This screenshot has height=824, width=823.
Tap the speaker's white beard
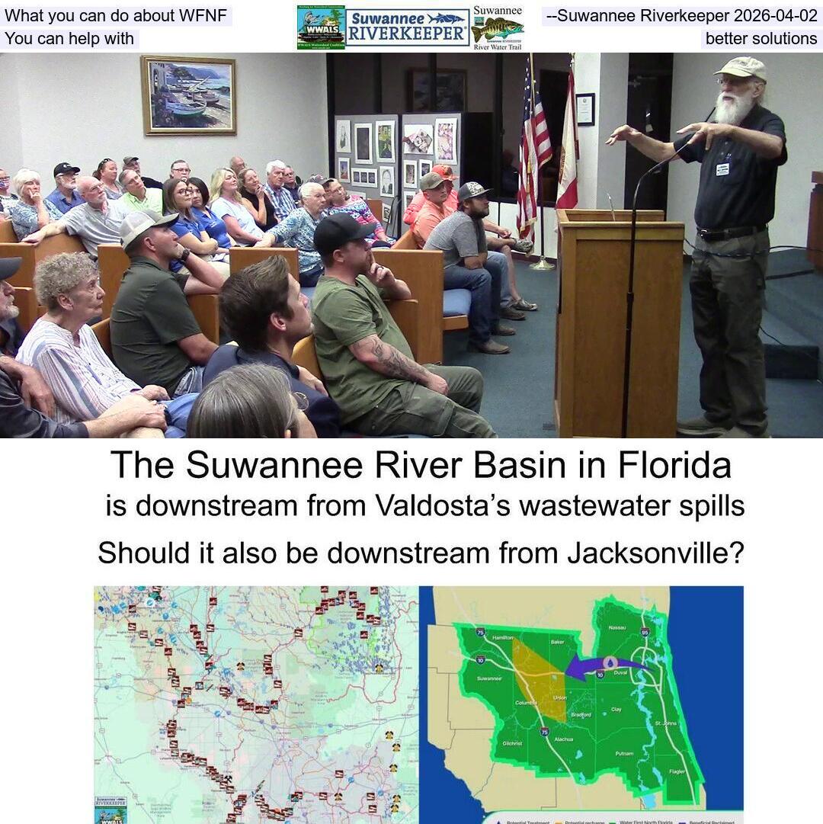(x=734, y=107)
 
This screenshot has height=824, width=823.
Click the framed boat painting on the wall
(x=188, y=95)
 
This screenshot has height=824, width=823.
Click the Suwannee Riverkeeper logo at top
(x=407, y=27)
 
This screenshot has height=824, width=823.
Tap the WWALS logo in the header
(x=321, y=27)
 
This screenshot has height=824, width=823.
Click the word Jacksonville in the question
(x=655, y=553)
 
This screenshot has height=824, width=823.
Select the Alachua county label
(x=564, y=739)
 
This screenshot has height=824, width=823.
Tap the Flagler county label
(x=677, y=771)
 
